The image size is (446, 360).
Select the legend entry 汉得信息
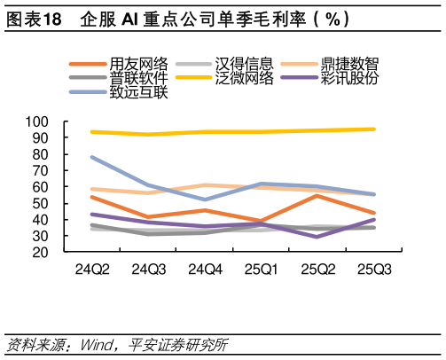(x=244, y=64)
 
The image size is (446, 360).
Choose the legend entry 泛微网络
(x=244, y=77)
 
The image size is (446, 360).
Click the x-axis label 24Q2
(x=92, y=269)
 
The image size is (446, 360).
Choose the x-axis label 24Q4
(x=206, y=269)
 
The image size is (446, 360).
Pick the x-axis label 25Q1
(x=262, y=269)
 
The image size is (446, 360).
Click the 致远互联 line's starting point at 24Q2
(x=92, y=157)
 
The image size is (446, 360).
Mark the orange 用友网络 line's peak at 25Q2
(x=317, y=195)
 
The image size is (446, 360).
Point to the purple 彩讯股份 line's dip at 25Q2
(x=317, y=237)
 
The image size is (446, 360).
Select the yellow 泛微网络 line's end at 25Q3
(x=374, y=129)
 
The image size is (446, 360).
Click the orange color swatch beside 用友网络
(x=88, y=64)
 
